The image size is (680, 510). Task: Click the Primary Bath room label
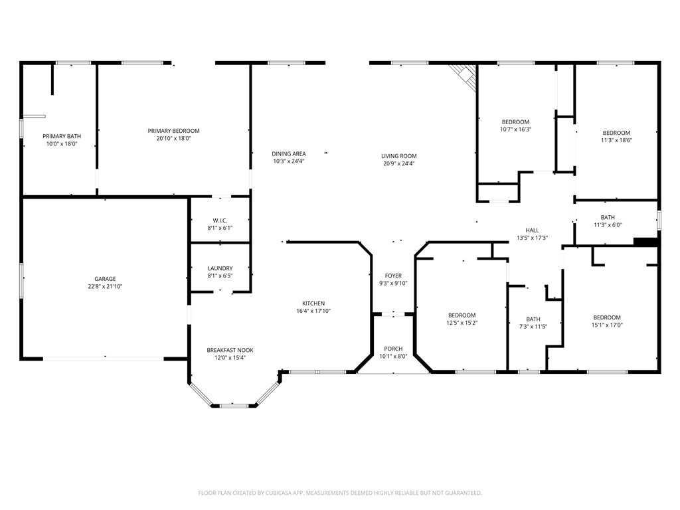pyautogui.click(x=62, y=135)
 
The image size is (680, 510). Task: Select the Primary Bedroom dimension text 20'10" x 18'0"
pyautogui.click(x=173, y=139)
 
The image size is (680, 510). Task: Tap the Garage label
pyautogui.click(x=105, y=279)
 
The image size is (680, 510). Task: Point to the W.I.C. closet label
pyautogui.click(x=220, y=220)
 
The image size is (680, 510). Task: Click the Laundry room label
pyautogui.click(x=220, y=268)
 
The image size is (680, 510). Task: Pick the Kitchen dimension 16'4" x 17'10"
pyautogui.click(x=313, y=311)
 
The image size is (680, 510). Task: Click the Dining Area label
pyautogui.click(x=289, y=153)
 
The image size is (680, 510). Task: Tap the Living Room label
pyautogui.click(x=399, y=156)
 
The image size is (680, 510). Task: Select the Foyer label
pyautogui.click(x=393, y=276)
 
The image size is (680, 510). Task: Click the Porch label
pyautogui.click(x=393, y=349)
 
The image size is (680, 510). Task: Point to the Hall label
pyautogui.click(x=532, y=230)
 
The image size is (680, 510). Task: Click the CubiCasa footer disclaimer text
pyautogui.click(x=340, y=493)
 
